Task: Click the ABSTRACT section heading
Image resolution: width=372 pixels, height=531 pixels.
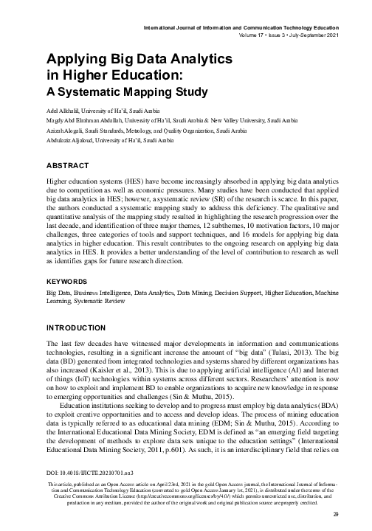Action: coord(68,167)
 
